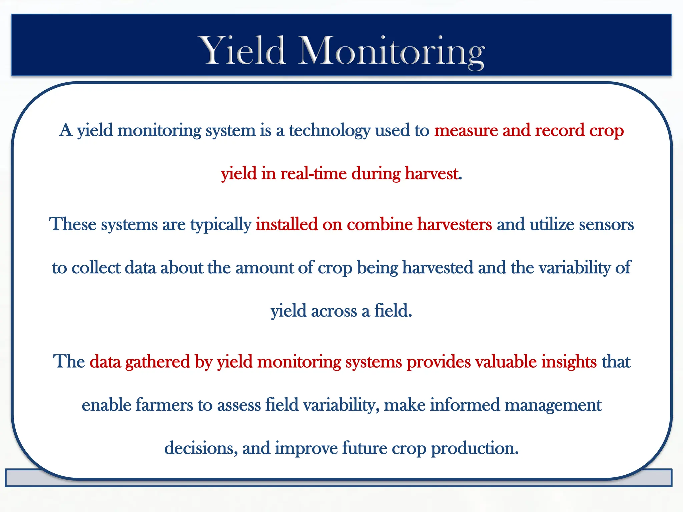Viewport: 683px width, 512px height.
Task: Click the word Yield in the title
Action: (x=242, y=51)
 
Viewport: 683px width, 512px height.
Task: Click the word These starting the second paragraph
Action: (x=73, y=224)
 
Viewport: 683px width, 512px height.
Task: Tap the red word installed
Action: (x=286, y=224)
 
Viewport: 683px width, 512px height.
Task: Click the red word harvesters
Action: (x=454, y=224)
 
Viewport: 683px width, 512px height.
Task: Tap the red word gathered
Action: (x=157, y=361)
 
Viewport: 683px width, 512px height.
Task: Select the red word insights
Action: (x=569, y=361)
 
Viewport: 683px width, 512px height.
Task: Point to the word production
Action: (x=475, y=448)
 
